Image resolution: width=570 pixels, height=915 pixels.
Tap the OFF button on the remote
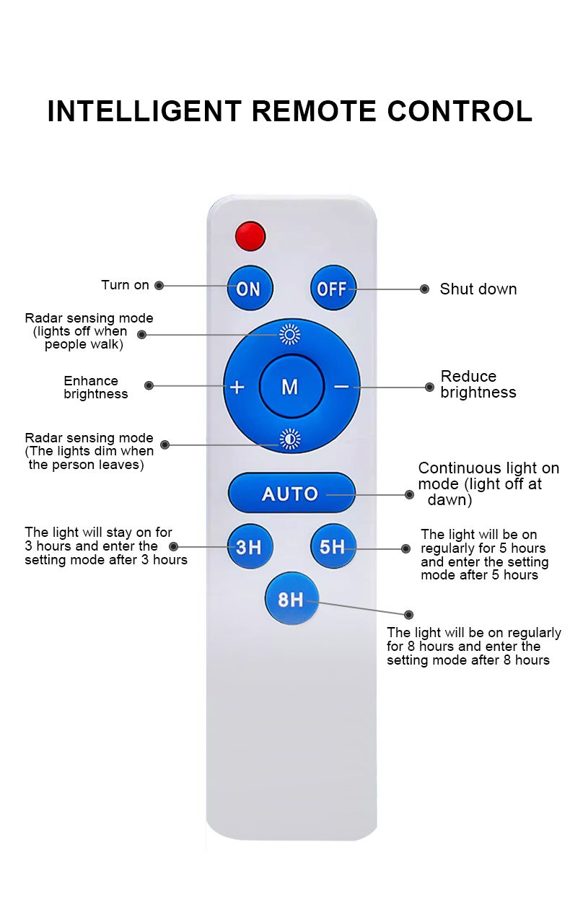pyautogui.click(x=333, y=289)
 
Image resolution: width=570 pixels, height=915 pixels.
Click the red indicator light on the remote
pyautogui.click(x=250, y=236)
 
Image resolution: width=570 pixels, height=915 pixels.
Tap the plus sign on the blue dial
pyautogui.click(x=237, y=387)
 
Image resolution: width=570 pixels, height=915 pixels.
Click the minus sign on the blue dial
pyautogui.click(x=341, y=387)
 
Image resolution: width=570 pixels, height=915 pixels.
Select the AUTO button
pyautogui.click(x=291, y=494)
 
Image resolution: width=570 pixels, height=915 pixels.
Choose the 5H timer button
pyautogui.click(x=333, y=547)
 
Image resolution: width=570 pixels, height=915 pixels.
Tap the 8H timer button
pyautogui.click(x=291, y=599)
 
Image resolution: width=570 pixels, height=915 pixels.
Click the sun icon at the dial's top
pyautogui.click(x=290, y=334)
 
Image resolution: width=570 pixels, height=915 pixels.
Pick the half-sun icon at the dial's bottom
pyautogui.click(x=290, y=438)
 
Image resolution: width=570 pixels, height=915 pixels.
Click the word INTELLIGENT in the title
pyautogui.click(x=144, y=112)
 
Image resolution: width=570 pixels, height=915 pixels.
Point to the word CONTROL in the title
pyautogui.click(x=460, y=112)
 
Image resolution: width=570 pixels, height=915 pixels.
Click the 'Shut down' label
pyautogui.click(x=478, y=289)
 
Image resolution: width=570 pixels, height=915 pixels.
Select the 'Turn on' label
pyautogui.click(x=125, y=285)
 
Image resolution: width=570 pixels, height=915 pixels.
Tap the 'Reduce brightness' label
pyautogui.click(x=478, y=385)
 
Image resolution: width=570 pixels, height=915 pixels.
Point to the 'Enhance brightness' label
pyautogui.click(x=95, y=388)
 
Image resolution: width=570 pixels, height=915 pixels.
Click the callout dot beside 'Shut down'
pyautogui.click(x=425, y=289)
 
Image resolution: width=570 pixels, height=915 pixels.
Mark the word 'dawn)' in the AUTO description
pyautogui.click(x=450, y=500)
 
